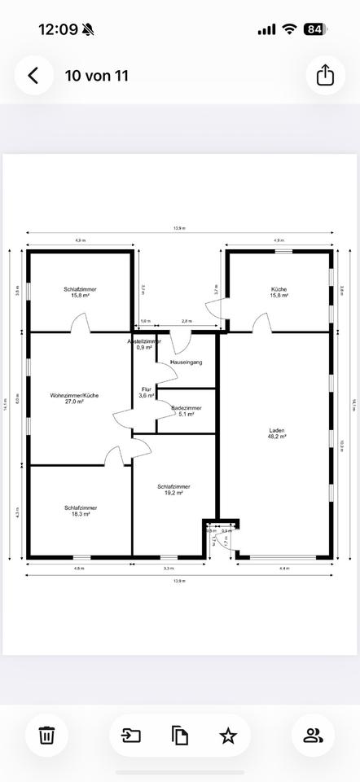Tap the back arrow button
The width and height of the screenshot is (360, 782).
[33, 76]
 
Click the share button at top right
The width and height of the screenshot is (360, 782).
[325, 76]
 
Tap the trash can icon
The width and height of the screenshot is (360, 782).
[46, 736]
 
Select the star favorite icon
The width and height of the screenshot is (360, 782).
[228, 736]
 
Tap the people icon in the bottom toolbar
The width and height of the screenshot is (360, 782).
[314, 736]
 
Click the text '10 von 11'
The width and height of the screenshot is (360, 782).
[97, 76]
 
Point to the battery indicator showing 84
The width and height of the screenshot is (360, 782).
[314, 29]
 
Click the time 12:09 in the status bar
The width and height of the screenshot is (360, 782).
[59, 29]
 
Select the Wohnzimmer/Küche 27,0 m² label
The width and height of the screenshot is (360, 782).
[74, 398]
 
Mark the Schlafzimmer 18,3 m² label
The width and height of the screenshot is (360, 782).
[77, 511]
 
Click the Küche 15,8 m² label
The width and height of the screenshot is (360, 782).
[279, 292]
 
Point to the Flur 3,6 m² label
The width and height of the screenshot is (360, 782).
[147, 392]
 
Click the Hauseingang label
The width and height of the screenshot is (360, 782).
[186, 361]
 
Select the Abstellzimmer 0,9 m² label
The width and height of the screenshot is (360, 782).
[143, 345]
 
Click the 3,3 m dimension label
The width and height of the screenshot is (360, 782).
[169, 568]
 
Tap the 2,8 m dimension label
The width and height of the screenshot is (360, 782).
[187, 322]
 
